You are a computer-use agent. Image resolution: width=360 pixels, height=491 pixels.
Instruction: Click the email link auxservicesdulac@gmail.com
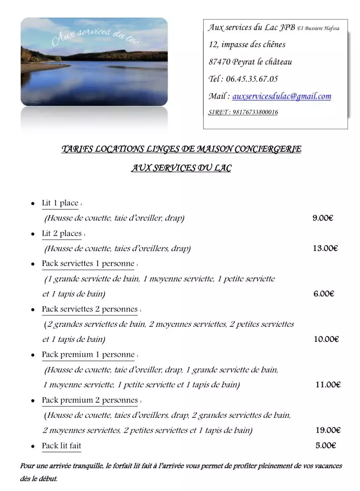click(282, 96)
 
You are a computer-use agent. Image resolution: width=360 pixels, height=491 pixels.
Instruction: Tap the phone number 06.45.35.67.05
click(251, 79)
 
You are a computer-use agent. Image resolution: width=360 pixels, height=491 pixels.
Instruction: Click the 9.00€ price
click(323, 218)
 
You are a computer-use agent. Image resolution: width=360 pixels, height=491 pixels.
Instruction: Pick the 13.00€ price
click(325, 248)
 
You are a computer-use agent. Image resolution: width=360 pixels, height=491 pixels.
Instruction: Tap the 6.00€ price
click(324, 294)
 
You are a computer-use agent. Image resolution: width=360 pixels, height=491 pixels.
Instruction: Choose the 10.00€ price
click(326, 339)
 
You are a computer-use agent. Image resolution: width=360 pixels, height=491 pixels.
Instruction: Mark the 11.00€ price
click(328, 385)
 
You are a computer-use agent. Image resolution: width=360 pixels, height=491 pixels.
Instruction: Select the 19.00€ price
click(328, 430)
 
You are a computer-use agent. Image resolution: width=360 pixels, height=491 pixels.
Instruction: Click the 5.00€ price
click(325, 446)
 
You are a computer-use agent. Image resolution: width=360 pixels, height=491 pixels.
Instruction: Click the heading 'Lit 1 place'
click(60, 203)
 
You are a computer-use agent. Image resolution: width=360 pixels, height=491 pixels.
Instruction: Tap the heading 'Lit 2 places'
click(62, 234)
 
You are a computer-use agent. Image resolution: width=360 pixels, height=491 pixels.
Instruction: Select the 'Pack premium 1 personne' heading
click(88, 355)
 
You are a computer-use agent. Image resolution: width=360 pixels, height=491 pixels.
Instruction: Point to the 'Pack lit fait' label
click(61, 446)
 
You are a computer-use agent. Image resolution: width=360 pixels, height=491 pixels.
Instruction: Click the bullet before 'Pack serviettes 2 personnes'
click(33, 310)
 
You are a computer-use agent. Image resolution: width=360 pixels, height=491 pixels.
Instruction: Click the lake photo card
click(94, 62)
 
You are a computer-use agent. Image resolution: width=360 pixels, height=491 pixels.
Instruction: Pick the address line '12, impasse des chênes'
click(247, 45)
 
